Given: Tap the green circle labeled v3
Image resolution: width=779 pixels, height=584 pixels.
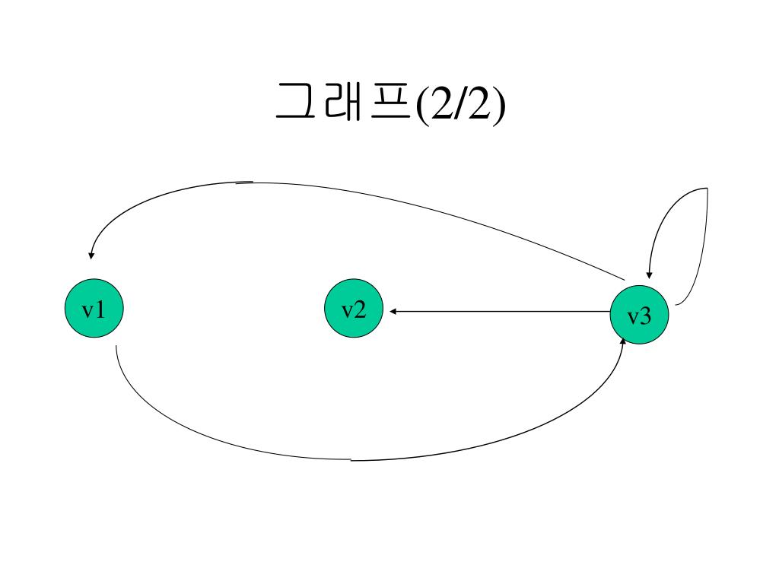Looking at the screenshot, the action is (641, 315).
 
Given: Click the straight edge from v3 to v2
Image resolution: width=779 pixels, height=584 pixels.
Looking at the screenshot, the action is (502, 312).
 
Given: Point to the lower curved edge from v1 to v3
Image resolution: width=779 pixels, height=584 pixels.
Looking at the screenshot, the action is (350, 460).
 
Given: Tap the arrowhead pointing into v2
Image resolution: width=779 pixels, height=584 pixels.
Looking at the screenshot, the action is (394, 312).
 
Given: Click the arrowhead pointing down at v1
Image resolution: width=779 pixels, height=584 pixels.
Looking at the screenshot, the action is (91, 255).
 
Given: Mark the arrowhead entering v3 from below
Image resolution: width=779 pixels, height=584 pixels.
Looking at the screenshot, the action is (622, 341).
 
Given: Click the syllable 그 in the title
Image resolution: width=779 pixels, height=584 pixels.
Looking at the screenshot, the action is (295, 103).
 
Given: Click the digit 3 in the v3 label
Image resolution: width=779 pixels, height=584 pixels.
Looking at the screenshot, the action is (646, 316).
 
